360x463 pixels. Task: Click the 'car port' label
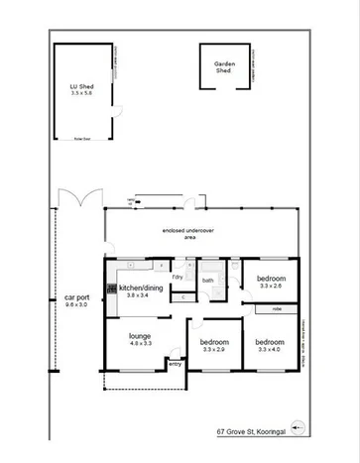tap(76, 297)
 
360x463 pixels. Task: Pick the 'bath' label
tap(208, 281)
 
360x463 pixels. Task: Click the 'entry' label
tap(175, 364)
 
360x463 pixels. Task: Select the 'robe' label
tap(277, 309)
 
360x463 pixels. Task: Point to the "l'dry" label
tap(179, 277)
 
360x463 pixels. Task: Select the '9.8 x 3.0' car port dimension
tap(76, 305)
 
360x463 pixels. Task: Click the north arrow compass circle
tap(300, 429)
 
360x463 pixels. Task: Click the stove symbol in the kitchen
tap(111, 289)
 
